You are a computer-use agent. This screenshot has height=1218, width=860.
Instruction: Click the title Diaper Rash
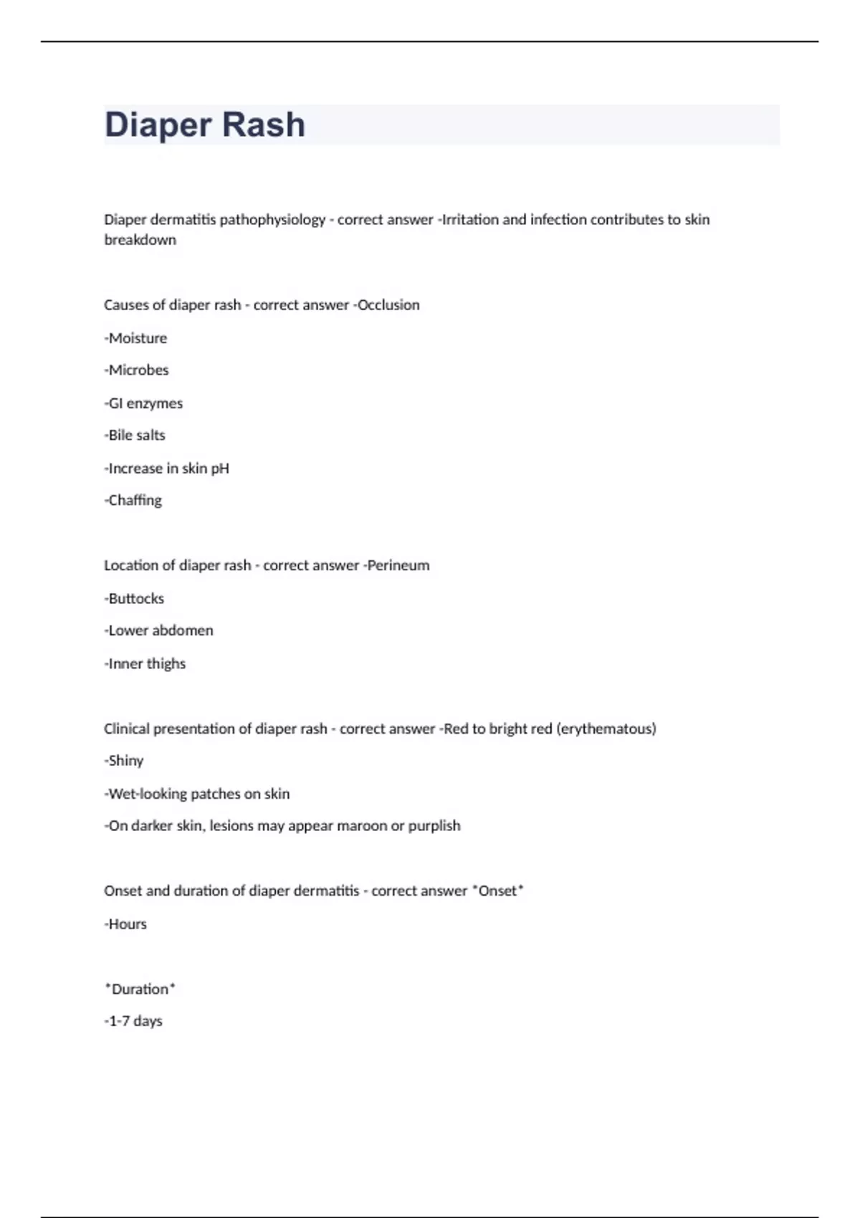[x=205, y=125]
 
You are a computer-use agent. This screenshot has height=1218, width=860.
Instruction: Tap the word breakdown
[x=140, y=240]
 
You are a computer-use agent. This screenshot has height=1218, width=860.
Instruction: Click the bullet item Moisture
[x=136, y=338]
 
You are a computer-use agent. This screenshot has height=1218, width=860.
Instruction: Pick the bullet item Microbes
[x=137, y=370]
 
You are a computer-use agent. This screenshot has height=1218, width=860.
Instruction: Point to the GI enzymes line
[x=144, y=403]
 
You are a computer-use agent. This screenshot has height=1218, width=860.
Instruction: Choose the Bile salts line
[x=135, y=436]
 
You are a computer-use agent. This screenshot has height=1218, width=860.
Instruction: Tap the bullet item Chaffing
[x=134, y=501]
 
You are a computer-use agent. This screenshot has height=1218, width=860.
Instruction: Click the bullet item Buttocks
[x=135, y=599]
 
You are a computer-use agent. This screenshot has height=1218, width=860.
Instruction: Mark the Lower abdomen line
[x=159, y=630]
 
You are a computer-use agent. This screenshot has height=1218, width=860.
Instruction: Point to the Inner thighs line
[x=145, y=664]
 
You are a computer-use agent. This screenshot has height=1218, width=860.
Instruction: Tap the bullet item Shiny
[x=125, y=761]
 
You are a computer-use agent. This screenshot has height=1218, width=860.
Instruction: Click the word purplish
[x=434, y=826]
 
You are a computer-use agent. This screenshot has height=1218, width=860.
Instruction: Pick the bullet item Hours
[x=126, y=924]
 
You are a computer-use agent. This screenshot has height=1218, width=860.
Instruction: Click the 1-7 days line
[x=134, y=1021]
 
